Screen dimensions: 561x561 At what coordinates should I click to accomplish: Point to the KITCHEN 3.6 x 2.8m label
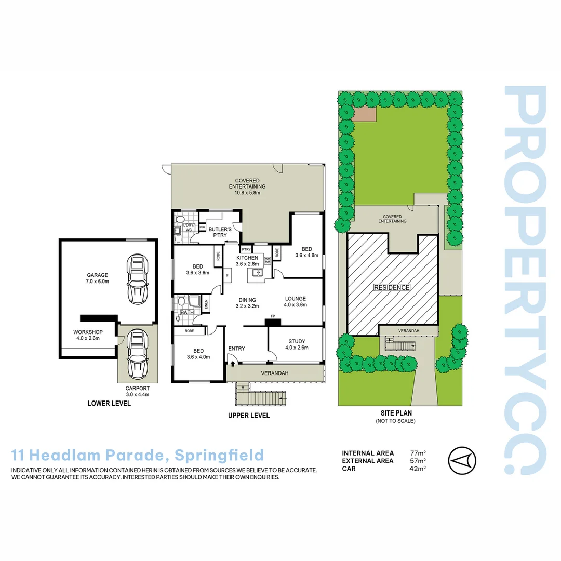pyautogui.click(x=247, y=261)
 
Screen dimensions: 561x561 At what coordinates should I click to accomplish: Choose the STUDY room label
pyautogui.click(x=298, y=344)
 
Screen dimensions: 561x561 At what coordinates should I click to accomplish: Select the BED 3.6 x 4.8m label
pyautogui.click(x=306, y=252)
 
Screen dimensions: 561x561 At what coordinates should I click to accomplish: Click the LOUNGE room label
pyautogui.click(x=295, y=302)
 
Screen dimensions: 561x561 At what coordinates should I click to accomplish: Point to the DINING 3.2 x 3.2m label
pyautogui.click(x=247, y=303)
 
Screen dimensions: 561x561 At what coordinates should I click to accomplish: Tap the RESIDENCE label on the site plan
pyautogui.click(x=392, y=287)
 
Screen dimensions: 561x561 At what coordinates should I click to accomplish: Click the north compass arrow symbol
pyautogui.click(x=462, y=460)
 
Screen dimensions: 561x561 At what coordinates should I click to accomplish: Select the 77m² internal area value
pyautogui.click(x=418, y=453)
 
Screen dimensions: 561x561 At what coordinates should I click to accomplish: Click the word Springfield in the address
pyautogui.click(x=220, y=456)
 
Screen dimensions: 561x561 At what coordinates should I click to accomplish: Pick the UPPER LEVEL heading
pyautogui.click(x=249, y=416)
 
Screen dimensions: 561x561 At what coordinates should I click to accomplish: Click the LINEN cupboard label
pyautogui.click(x=206, y=306)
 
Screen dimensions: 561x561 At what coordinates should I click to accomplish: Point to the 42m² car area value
pyautogui.click(x=418, y=468)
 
